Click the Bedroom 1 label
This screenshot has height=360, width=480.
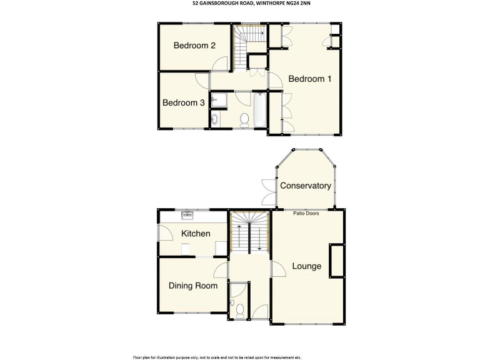click(309, 79)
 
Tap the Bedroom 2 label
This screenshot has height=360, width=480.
click(194, 46)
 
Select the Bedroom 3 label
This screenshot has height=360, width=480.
click(184, 102)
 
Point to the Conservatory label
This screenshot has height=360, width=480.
click(305, 186)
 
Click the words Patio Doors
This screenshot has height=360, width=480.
click(305, 213)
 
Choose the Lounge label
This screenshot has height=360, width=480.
click(306, 266)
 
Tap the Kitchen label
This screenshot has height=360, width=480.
click(196, 233)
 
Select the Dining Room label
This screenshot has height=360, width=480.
click(193, 286)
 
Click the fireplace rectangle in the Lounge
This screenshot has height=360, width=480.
click(336, 261)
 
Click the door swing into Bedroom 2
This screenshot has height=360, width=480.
click(219, 63)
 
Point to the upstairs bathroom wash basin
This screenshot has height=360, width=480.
click(216, 119)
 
